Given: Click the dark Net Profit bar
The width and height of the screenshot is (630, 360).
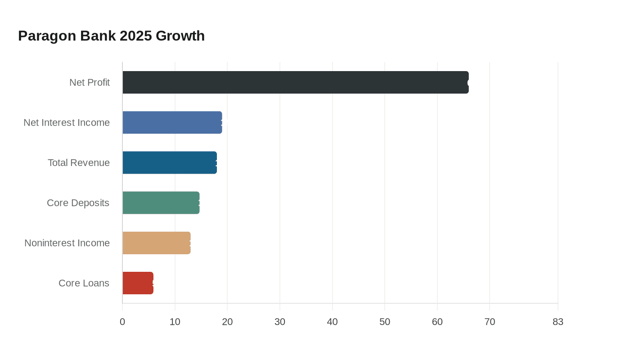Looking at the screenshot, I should pyautogui.click(x=295, y=82).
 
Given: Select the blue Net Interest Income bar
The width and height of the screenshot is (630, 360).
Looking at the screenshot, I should pyautogui.click(x=172, y=122).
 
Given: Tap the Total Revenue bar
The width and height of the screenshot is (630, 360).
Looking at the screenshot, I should pyautogui.click(x=170, y=162).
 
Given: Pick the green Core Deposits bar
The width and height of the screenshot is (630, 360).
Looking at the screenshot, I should pyautogui.click(x=161, y=202).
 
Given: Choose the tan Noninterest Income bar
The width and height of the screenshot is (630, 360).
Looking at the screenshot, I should pyautogui.click(x=157, y=243).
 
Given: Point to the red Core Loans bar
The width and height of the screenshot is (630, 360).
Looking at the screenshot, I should pyautogui.click(x=138, y=283).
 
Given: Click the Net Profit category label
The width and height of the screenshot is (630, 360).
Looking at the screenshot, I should pyautogui.click(x=90, y=82).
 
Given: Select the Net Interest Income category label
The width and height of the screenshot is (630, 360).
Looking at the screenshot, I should pyautogui.click(x=67, y=122).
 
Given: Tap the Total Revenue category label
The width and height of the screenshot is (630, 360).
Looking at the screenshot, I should pyautogui.click(x=79, y=162).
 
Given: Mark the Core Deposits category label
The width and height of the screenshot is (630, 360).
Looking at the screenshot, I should pyautogui.click(x=78, y=203).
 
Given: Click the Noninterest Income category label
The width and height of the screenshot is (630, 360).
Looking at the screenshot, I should pyautogui.click(x=67, y=243).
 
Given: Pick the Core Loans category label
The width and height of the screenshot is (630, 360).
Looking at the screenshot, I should pyautogui.click(x=84, y=283).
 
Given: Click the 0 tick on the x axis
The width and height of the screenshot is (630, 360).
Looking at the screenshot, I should pyautogui.click(x=122, y=322).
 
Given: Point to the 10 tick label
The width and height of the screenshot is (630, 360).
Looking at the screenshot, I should pyautogui.click(x=175, y=322).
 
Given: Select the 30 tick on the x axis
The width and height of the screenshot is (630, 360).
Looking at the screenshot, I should pyautogui.click(x=280, y=322).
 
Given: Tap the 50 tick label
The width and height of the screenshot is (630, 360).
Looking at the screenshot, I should pyautogui.click(x=385, y=322).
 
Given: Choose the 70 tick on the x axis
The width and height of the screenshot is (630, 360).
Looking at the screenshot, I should pyautogui.click(x=490, y=322).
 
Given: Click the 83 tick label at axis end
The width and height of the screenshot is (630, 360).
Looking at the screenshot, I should pyautogui.click(x=558, y=322).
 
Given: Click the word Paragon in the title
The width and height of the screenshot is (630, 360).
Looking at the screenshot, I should pyautogui.click(x=47, y=36).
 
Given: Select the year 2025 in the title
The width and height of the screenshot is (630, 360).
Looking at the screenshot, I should pyautogui.click(x=136, y=36).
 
